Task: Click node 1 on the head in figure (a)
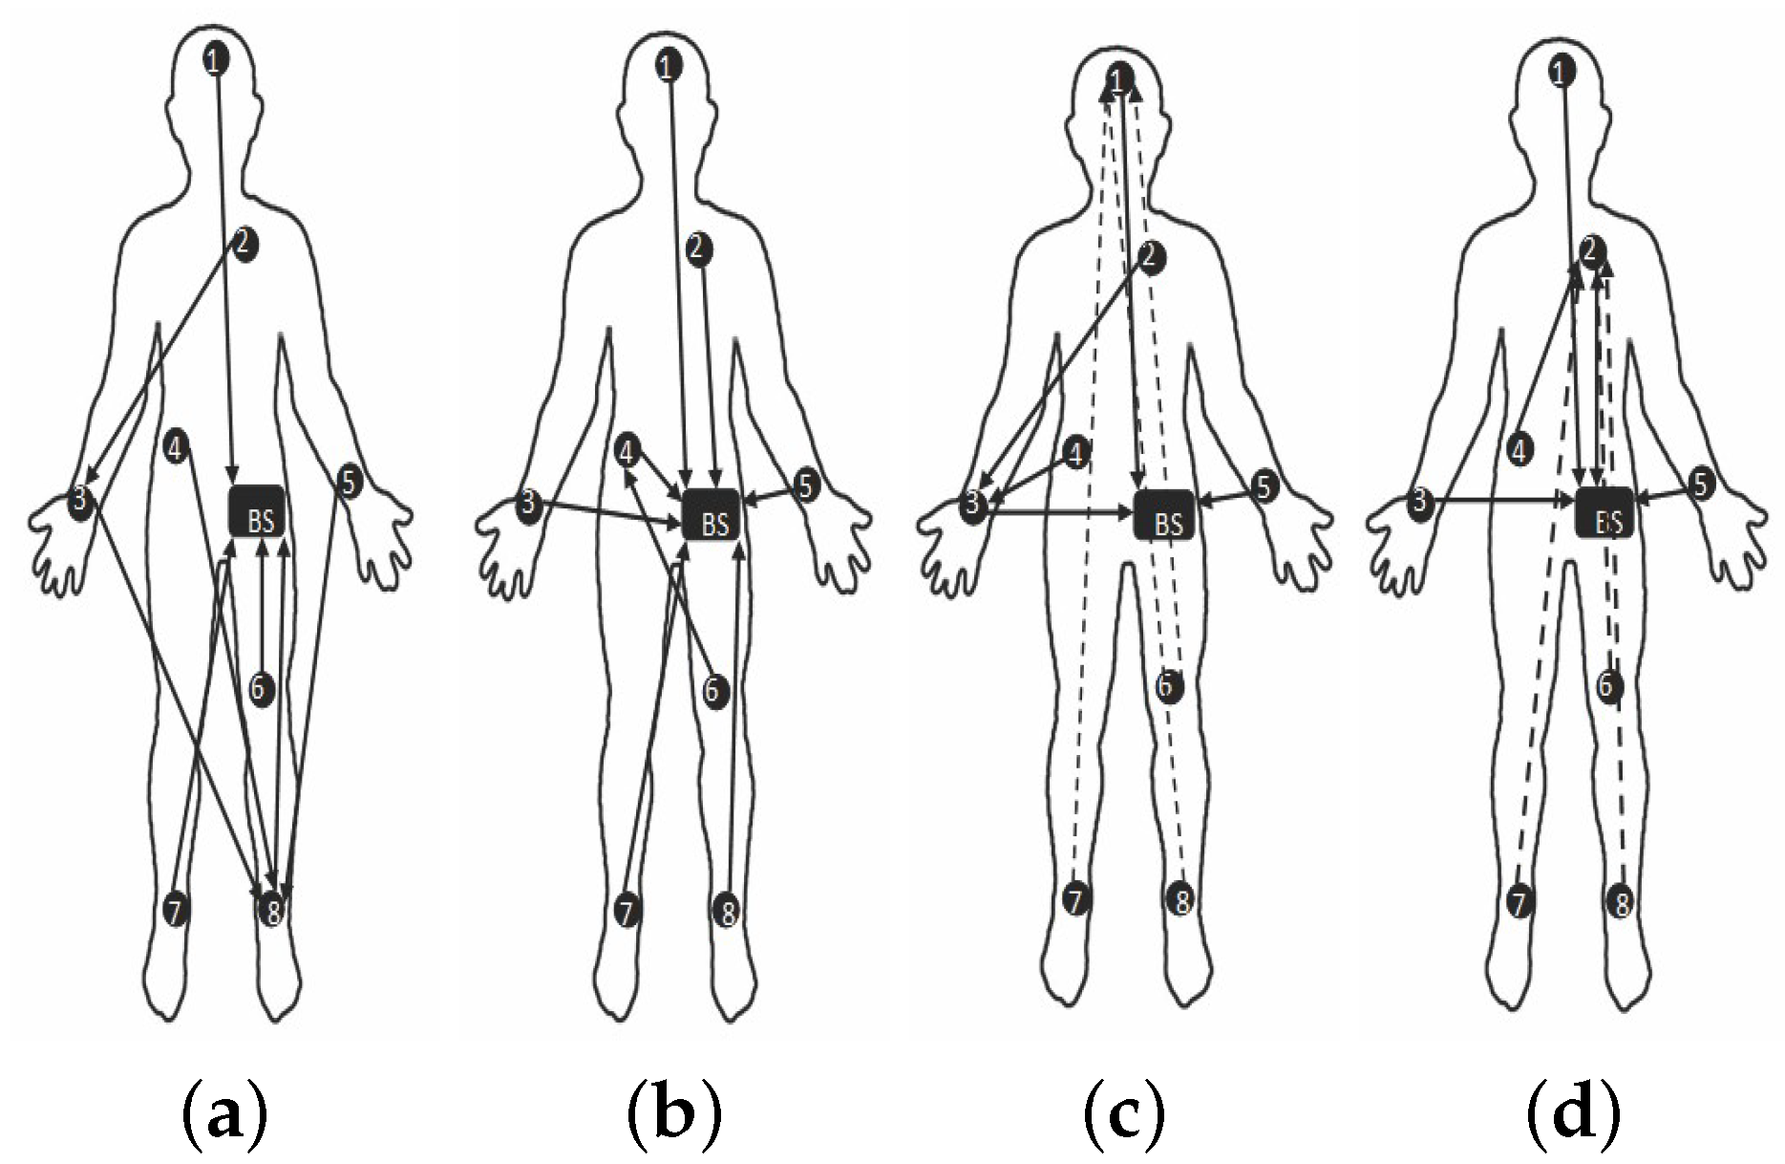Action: (217, 61)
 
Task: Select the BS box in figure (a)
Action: (258, 511)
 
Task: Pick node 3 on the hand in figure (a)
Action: (79, 500)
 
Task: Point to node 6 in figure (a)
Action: (262, 687)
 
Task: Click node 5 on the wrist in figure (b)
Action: (807, 485)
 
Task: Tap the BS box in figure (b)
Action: (712, 514)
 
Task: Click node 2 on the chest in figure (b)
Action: (699, 249)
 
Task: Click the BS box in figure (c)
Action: (1164, 514)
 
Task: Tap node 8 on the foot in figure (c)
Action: (1180, 899)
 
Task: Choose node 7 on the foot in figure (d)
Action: (1519, 901)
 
